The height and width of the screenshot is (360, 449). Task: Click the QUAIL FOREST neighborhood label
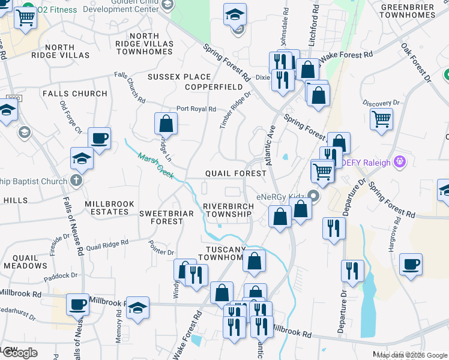(x=235, y=173)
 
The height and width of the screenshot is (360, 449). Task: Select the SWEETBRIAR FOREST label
(x=161, y=217)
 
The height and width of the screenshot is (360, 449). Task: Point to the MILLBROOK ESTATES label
(x=110, y=208)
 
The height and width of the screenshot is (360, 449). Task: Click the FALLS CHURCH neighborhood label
(x=74, y=94)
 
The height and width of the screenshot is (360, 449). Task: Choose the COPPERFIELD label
(x=209, y=87)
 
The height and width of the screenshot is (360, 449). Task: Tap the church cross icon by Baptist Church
(x=76, y=180)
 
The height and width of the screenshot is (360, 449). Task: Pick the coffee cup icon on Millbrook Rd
(x=77, y=304)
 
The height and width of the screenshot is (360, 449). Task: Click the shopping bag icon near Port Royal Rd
(x=166, y=124)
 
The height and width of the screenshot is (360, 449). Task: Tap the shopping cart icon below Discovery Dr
(x=381, y=118)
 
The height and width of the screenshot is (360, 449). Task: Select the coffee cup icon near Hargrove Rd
(x=411, y=264)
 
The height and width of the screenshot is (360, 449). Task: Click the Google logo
(x=20, y=353)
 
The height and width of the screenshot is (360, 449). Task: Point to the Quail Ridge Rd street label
(x=107, y=245)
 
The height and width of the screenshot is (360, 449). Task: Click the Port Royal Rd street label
(x=196, y=109)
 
